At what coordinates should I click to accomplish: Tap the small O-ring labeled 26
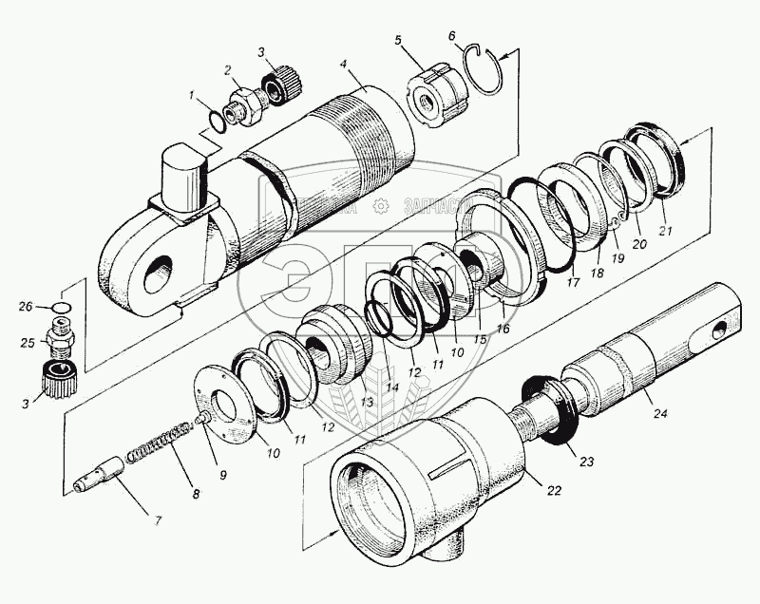tap(59, 308)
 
